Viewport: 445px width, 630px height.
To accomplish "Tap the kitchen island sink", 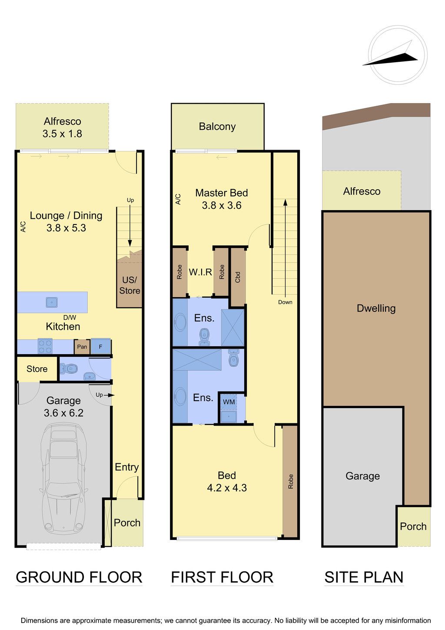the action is [x=52, y=303].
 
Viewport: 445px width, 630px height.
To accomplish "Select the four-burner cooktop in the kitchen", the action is [x=45, y=346].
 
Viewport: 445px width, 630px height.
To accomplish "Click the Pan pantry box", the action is [x=82, y=347].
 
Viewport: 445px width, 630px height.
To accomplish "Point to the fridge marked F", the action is [x=100, y=346].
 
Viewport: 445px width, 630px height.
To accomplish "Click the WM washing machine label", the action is [x=229, y=402].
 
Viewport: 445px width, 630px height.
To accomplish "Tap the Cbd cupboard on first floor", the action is [x=238, y=277].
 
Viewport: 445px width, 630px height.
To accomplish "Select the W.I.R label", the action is [x=200, y=272].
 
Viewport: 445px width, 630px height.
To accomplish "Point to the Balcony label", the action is [x=217, y=127].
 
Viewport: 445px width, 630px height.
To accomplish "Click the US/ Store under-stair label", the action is [x=130, y=285].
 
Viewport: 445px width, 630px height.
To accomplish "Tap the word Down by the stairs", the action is [x=285, y=302].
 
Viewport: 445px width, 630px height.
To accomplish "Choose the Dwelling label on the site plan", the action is [x=376, y=308].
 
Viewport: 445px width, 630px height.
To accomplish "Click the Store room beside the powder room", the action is [x=37, y=369].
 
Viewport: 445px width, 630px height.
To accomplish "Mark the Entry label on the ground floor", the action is [x=127, y=467].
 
